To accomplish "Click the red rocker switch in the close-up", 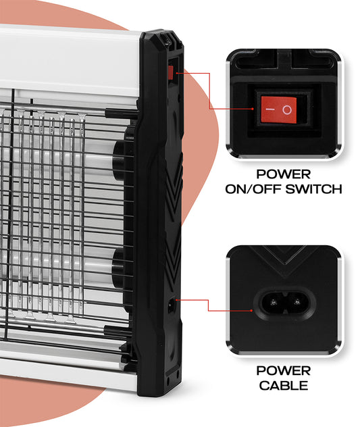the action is click(x=278, y=109).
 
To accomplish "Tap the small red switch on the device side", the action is click(x=170, y=72).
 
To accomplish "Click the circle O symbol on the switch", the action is click(x=287, y=109).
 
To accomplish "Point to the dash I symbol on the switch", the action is click(x=270, y=109).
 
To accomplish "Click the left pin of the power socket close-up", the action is click(x=273, y=302).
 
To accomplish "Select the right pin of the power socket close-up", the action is click(x=297, y=302).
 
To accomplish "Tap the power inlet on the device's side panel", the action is click(x=172, y=305).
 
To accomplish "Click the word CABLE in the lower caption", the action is click(x=283, y=385).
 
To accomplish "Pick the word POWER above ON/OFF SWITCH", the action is click(x=283, y=174).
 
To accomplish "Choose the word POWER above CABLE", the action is click(x=283, y=371).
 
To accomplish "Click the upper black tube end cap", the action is click(x=119, y=160).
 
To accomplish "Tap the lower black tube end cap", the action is click(x=119, y=268).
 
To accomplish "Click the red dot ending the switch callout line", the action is click(x=253, y=109).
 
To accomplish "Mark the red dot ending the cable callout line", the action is click(x=251, y=310).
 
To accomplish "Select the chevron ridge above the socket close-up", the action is click(x=284, y=259).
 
